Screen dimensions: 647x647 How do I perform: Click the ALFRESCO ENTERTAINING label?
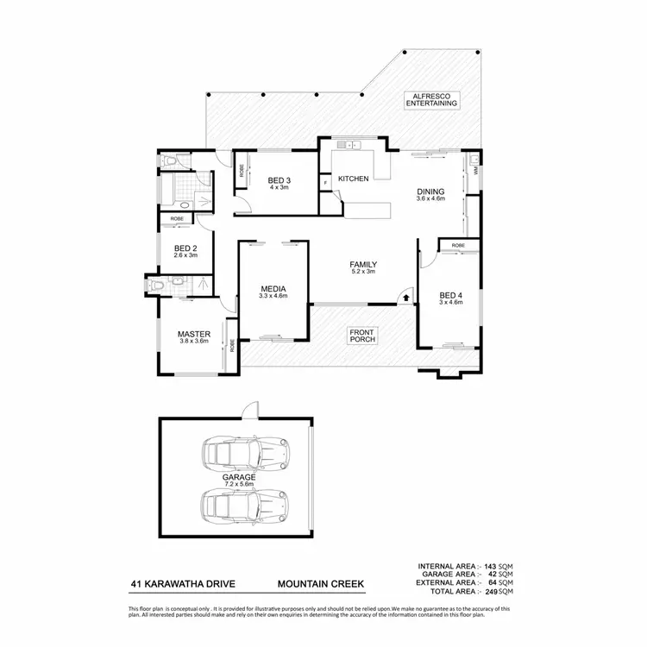431,99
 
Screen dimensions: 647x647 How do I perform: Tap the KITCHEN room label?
353,179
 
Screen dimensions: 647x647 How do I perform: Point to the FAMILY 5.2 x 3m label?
363,268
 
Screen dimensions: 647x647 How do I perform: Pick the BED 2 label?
186,251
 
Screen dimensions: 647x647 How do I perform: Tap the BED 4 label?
451,298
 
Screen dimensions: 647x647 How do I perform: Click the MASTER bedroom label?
194,337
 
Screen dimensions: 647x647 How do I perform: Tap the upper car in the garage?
243,451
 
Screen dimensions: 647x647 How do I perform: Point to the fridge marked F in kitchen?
325,182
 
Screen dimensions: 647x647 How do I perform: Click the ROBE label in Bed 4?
457,246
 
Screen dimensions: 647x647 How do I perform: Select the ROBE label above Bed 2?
176,219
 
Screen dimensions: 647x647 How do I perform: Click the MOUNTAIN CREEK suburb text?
321,584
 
